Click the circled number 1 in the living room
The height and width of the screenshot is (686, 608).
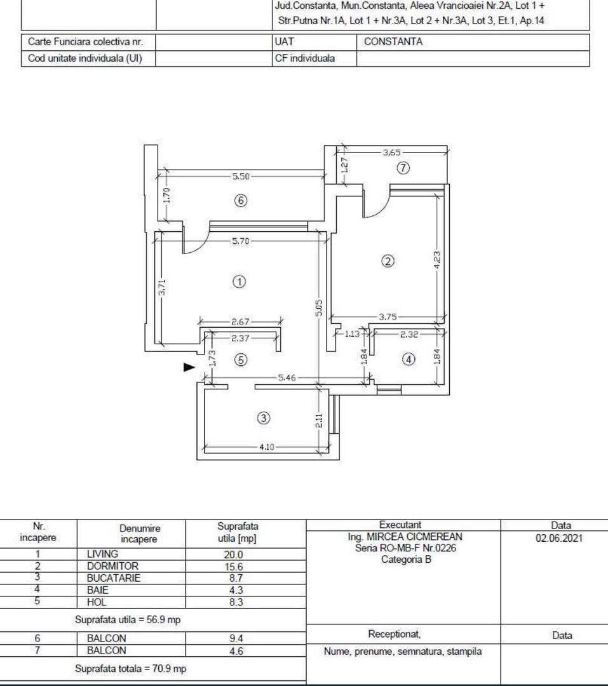pos(240,282)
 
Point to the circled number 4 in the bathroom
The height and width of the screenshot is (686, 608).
pos(409,359)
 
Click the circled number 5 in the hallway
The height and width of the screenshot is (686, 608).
pos(240,360)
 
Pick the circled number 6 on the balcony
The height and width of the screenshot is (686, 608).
pos(240,201)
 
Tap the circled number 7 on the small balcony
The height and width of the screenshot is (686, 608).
pos(403,168)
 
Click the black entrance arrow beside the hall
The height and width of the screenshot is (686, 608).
pos(189,367)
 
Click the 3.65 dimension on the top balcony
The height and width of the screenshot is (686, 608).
pos(393,152)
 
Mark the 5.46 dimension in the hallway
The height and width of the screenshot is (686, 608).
pos(288,378)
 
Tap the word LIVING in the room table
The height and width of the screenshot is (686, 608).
pos(102,554)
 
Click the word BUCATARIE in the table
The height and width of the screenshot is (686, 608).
pos(113,578)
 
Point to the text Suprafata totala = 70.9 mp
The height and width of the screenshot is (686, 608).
pos(131,668)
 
